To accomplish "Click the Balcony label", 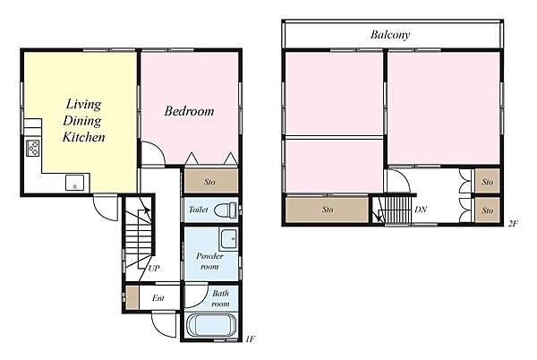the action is [390, 35].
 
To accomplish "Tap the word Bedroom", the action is [189, 111].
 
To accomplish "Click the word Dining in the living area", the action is [82, 121].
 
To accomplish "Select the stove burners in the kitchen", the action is [33, 148].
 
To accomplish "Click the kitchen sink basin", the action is [74, 183].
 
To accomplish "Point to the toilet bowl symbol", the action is [225, 210].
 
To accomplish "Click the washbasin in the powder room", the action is [228, 238].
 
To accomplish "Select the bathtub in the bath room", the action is [211, 325].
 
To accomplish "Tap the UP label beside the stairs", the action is [154, 268].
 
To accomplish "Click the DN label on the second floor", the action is [421, 210].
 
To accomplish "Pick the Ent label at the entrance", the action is [158, 298].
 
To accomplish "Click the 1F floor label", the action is [250, 339].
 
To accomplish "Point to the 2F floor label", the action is [513, 224].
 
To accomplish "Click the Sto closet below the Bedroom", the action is [211, 181].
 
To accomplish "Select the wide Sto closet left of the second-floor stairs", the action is [327, 209].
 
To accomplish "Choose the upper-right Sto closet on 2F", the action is [488, 181].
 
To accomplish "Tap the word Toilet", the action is [199, 209].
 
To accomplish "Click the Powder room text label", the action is [209, 261].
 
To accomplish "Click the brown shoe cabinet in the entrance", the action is [132, 297].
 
